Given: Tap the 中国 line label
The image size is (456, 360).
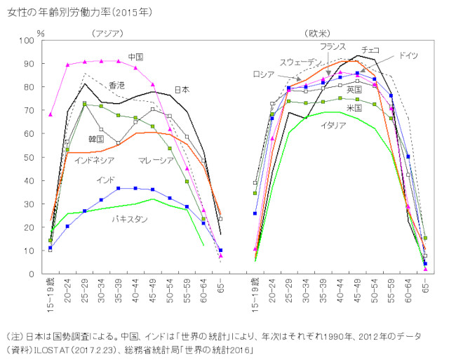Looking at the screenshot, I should click(x=136, y=56).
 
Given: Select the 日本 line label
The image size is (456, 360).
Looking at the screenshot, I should click(x=182, y=90).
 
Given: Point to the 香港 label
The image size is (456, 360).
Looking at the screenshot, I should click(x=116, y=84).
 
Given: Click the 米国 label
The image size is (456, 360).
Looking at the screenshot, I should click(x=354, y=108).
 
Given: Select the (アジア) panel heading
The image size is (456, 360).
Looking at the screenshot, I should click(x=107, y=33).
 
